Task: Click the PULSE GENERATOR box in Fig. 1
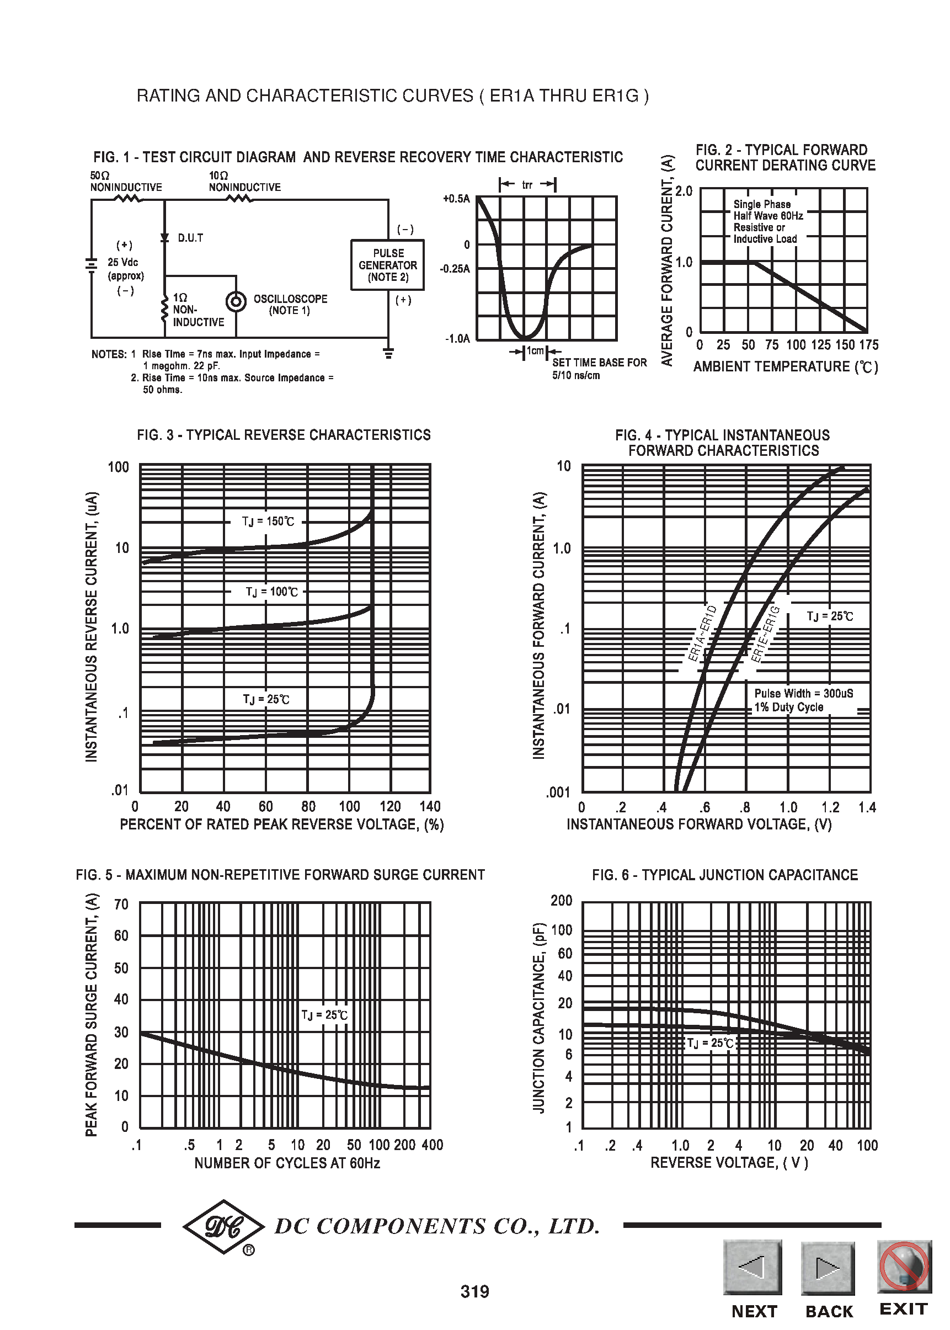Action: click(x=387, y=264)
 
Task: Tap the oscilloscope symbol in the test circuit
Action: click(x=236, y=302)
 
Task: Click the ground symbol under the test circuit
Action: click(x=388, y=353)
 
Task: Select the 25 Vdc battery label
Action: click(x=123, y=262)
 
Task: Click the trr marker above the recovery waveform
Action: click(x=527, y=185)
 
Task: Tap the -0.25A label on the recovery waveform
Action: click(x=455, y=269)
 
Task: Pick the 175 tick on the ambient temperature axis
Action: click(x=869, y=345)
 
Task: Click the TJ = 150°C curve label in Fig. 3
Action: click(x=268, y=522)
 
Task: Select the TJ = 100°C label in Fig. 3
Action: click(x=271, y=592)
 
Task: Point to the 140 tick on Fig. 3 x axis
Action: click(x=430, y=806)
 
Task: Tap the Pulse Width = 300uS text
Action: click(x=803, y=693)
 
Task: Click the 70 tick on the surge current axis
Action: click(x=121, y=905)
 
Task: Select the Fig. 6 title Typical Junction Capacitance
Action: click(x=724, y=875)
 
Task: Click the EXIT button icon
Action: click(x=904, y=1265)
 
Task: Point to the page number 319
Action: click(x=474, y=1291)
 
